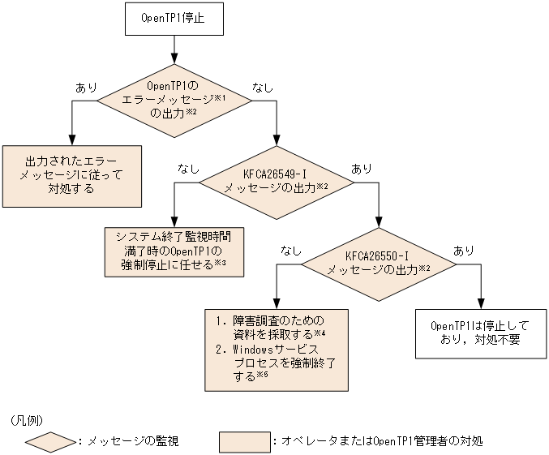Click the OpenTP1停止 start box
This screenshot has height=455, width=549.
pos(172,19)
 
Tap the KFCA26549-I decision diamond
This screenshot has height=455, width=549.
pos(277,182)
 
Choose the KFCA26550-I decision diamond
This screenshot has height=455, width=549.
pos(379,263)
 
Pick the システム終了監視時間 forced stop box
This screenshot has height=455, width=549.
pos(174,251)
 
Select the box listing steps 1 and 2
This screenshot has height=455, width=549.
pos(277,350)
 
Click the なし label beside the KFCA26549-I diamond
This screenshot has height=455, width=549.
pos(188,169)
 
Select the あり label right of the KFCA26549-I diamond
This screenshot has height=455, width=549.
pos(362,169)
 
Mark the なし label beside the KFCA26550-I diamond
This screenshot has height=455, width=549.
pos(290,250)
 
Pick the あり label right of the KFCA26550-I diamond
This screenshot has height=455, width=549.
pos(464,250)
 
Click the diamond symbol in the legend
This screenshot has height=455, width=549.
pos(50,441)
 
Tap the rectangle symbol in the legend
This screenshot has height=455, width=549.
pos(244,441)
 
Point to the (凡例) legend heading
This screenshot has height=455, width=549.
pos(28,420)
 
